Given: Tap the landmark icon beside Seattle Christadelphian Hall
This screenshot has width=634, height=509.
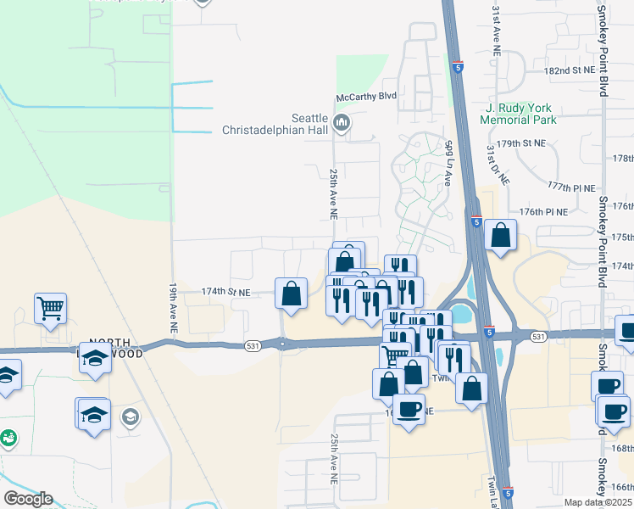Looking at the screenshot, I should (x=342, y=125).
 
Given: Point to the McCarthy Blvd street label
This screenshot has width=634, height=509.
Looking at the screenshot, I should (x=366, y=97).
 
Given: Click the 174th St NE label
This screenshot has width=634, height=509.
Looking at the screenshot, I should (x=226, y=292).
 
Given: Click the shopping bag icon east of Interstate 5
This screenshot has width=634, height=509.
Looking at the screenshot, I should (x=501, y=235).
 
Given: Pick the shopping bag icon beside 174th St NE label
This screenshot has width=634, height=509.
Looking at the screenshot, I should (x=291, y=294).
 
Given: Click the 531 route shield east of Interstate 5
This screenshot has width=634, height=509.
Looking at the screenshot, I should (x=538, y=337).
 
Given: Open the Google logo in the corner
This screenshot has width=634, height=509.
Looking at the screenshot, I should (x=28, y=499).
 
